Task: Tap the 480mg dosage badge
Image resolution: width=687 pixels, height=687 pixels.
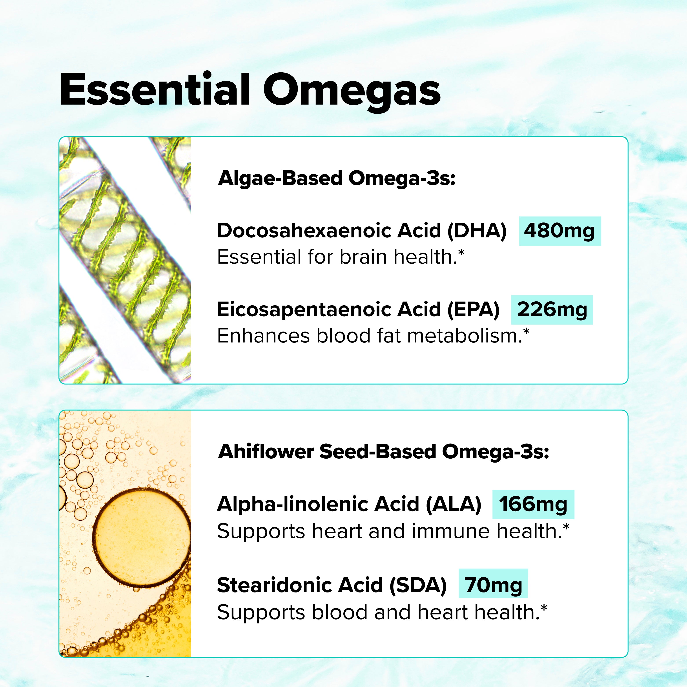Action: [x=560, y=231]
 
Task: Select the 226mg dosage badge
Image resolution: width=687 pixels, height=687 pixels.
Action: [x=552, y=310]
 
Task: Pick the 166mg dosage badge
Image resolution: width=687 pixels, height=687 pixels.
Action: [x=533, y=505]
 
